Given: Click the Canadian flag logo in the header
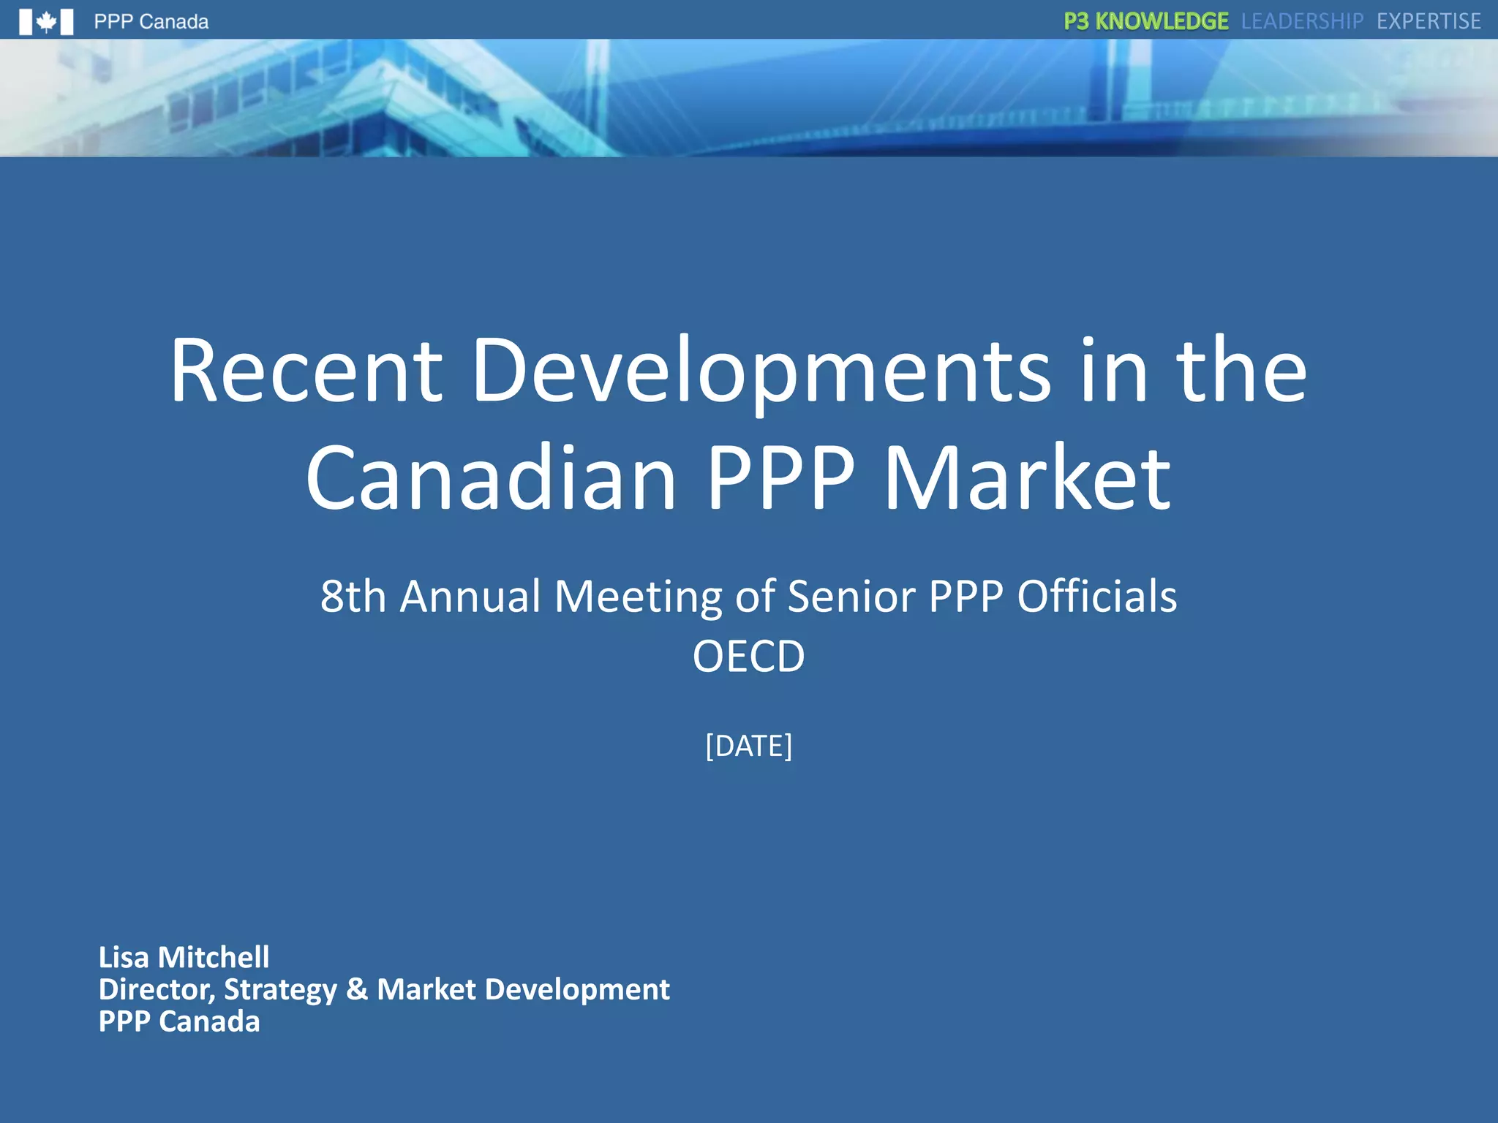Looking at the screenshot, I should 46,22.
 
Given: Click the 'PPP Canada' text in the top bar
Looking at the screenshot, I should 151,22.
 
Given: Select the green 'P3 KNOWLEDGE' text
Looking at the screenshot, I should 1145,21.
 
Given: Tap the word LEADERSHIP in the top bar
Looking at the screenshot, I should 1302,21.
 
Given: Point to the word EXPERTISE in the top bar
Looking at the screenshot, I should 1429,21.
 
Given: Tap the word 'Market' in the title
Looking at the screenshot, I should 1028,479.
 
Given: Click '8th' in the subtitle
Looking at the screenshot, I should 353,596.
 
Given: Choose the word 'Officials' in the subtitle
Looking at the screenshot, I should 1096,596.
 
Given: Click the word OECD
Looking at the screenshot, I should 748,656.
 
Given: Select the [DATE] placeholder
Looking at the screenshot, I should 748,746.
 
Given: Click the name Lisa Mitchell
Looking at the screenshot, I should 184,957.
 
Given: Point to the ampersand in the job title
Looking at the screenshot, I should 357,989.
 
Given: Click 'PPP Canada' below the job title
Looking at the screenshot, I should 179,1021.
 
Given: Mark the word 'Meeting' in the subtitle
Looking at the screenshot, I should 639,596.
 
